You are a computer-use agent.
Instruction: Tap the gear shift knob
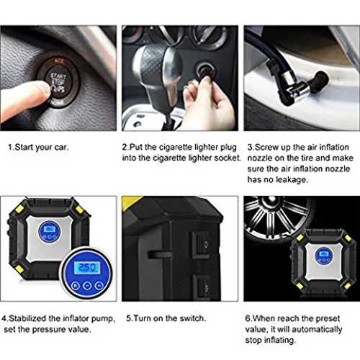point(157,72)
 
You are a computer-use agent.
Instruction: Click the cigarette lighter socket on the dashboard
point(205,70)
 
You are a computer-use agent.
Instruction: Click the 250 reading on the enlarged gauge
point(86,267)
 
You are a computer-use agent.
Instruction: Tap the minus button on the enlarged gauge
point(87,286)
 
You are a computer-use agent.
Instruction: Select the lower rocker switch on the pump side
point(202,287)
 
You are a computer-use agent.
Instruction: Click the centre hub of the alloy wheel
point(271,200)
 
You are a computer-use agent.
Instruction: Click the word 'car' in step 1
point(61,147)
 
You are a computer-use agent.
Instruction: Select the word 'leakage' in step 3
point(292,179)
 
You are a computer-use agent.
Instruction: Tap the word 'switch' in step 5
point(193,318)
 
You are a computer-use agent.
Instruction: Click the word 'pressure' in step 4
point(49,330)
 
